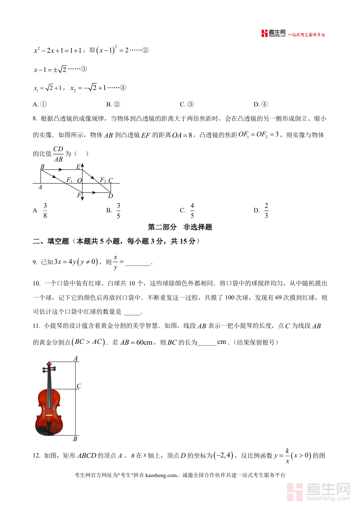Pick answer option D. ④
point(260,104)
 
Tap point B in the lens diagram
point(42,166)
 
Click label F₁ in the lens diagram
point(69,180)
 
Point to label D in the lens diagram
point(111,196)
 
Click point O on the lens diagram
point(79,181)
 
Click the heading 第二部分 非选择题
point(180,227)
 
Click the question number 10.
point(36,283)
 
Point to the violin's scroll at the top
point(49,366)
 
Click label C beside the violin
point(79,386)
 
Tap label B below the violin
point(75,439)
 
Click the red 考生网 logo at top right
point(274,34)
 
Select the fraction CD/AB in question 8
point(58,154)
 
